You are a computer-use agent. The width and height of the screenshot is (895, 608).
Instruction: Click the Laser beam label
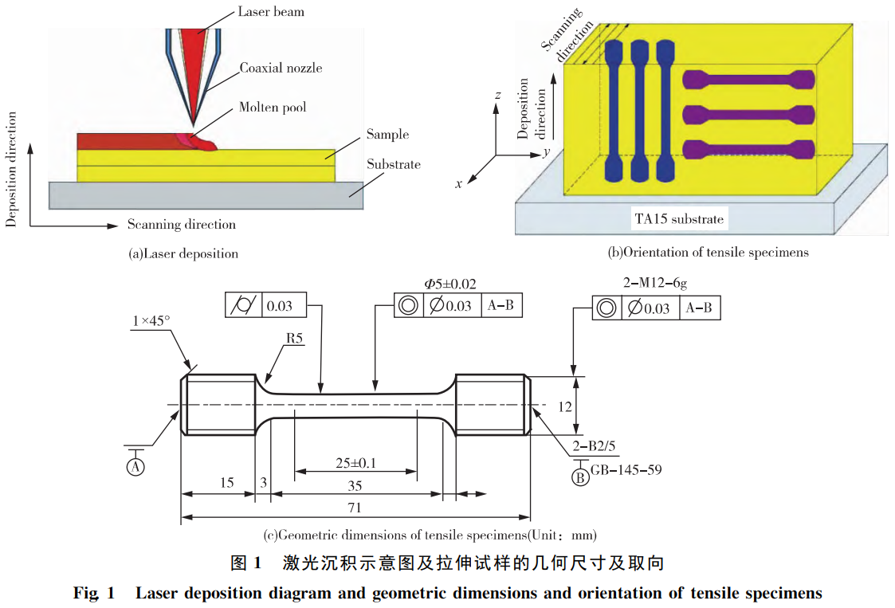pos(270,12)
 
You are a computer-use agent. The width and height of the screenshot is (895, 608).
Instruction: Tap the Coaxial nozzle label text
pos(281,69)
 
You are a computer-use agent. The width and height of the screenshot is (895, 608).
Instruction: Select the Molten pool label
pos(273,108)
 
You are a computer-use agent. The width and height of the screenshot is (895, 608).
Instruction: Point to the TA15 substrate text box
pos(680,218)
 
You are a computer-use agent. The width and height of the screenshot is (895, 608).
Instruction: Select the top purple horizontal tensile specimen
pos(748,79)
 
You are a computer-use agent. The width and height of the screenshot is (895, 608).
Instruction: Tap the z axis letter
pos(497,96)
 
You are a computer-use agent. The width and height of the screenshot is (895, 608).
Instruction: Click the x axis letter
pos(459,184)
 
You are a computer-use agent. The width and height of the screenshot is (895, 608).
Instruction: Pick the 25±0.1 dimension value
pos(355,463)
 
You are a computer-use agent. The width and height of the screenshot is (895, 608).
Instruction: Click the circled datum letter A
pos(135,466)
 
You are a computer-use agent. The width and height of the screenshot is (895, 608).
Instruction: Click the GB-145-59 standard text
pos(626,470)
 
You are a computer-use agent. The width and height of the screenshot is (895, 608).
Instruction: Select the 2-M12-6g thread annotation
pos(655,282)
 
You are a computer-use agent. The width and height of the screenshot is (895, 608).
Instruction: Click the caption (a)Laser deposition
pos(183,253)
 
